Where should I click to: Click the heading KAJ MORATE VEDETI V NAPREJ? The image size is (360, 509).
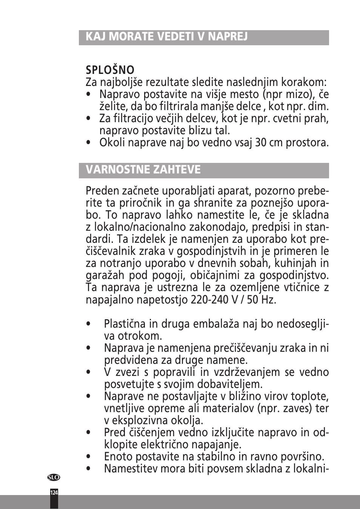coord(166,37)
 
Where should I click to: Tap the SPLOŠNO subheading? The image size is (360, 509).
coord(110,70)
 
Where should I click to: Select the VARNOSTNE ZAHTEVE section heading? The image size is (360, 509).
coord(143,169)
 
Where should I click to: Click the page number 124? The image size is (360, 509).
coord(54,492)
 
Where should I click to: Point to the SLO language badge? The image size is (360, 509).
coord(54,477)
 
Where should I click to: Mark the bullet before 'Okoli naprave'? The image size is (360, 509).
coord(88,143)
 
